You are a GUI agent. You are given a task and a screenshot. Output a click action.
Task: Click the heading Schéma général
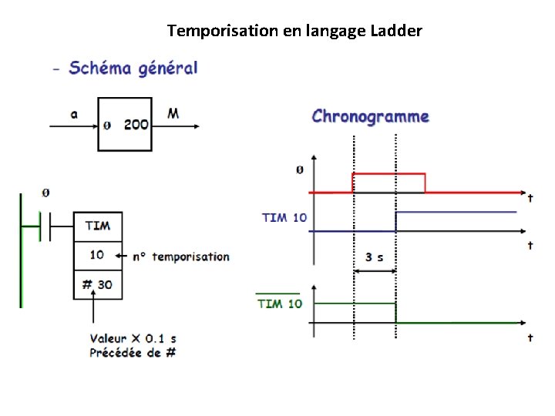point(133,68)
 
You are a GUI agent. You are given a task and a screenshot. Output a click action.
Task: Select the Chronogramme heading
point(370,117)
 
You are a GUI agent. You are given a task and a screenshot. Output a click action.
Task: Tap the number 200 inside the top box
point(136,123)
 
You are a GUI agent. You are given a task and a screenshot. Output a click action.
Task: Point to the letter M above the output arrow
point(173,114)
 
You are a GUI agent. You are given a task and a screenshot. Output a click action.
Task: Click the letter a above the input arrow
point(75,114)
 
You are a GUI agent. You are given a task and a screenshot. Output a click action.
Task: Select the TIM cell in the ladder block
point(98,226)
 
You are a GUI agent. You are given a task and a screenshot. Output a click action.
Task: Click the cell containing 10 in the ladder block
point(97,255)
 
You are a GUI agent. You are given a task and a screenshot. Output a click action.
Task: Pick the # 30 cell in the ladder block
point(97,284)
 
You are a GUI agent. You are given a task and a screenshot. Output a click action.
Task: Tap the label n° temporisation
point(180,257)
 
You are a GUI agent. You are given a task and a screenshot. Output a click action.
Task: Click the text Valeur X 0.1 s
point(133,338)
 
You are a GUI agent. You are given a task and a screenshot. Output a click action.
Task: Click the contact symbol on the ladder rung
point(46,227)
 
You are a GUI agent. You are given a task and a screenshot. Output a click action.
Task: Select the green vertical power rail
point(21,250)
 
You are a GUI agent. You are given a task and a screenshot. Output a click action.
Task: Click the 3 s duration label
point(375,257)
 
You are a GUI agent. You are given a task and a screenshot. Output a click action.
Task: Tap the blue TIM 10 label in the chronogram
point(284,217)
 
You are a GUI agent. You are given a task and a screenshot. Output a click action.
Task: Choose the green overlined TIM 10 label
point(280,304)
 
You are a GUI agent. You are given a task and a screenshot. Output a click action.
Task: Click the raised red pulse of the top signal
point(388,174)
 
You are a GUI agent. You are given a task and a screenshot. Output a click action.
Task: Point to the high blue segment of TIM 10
point(455,211)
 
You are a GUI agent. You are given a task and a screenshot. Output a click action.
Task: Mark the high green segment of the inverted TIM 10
point(355,304)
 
